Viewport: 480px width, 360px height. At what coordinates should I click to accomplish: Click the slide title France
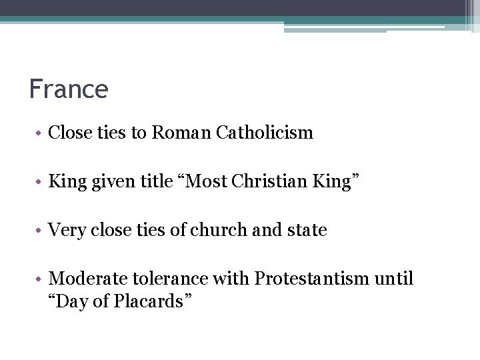[x=68, y=89]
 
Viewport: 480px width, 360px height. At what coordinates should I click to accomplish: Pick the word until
[x=395, y=278]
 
